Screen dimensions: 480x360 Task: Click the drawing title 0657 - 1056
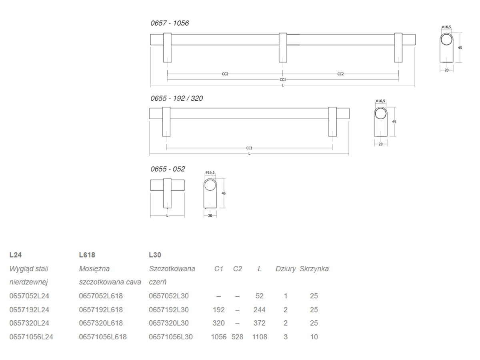pos(170,23)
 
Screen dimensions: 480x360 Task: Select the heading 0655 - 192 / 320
pos(176,98)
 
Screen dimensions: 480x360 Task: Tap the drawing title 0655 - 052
pos(168,169)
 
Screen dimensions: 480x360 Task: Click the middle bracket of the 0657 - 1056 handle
pos(283,48)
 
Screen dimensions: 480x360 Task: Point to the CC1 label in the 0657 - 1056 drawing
pos(283,80)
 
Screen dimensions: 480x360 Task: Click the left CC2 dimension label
pos(225,74)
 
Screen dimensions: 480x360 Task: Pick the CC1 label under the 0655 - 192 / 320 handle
pos(249,148)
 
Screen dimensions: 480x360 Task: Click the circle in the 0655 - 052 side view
pos(210,185)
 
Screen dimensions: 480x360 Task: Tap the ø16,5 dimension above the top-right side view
pos(446,27)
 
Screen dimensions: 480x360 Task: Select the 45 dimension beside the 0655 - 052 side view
pos(224,193)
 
